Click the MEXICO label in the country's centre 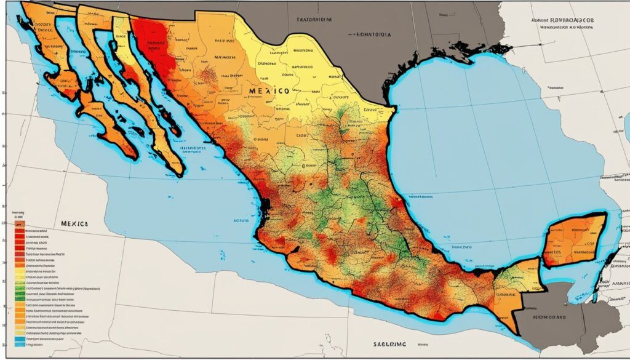[269, 90]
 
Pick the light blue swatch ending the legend [19, 338]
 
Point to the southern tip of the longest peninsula [178, 172]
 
